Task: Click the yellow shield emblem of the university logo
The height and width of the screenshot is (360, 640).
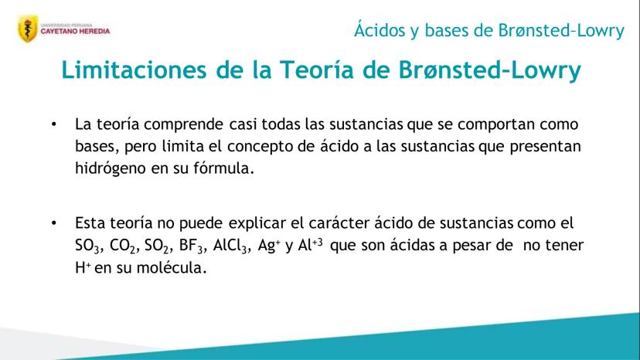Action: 28,29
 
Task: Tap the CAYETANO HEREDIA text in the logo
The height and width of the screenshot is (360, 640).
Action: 75,31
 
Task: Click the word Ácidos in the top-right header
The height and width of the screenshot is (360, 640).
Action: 380,30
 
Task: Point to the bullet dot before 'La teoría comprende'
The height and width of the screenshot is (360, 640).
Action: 54,124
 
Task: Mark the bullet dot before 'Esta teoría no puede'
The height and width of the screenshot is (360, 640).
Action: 54,222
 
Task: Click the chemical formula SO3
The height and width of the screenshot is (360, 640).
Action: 87,246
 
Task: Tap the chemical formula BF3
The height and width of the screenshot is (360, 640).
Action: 191,246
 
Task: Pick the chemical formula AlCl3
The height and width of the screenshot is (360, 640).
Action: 230,246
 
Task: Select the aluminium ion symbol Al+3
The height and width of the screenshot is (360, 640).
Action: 311,245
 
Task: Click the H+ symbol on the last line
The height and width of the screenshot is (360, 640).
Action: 83,268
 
